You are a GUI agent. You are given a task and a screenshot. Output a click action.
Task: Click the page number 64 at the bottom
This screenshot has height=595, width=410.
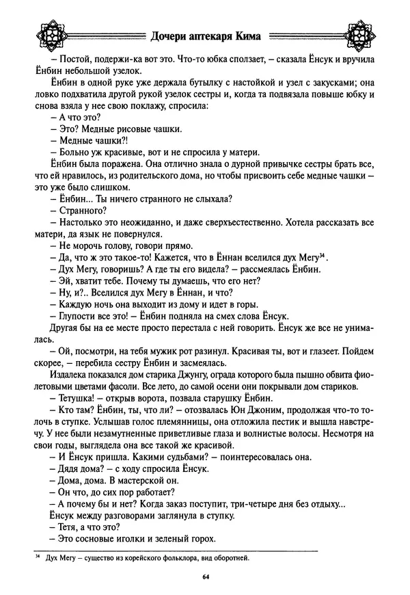click(x=205, y=577)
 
